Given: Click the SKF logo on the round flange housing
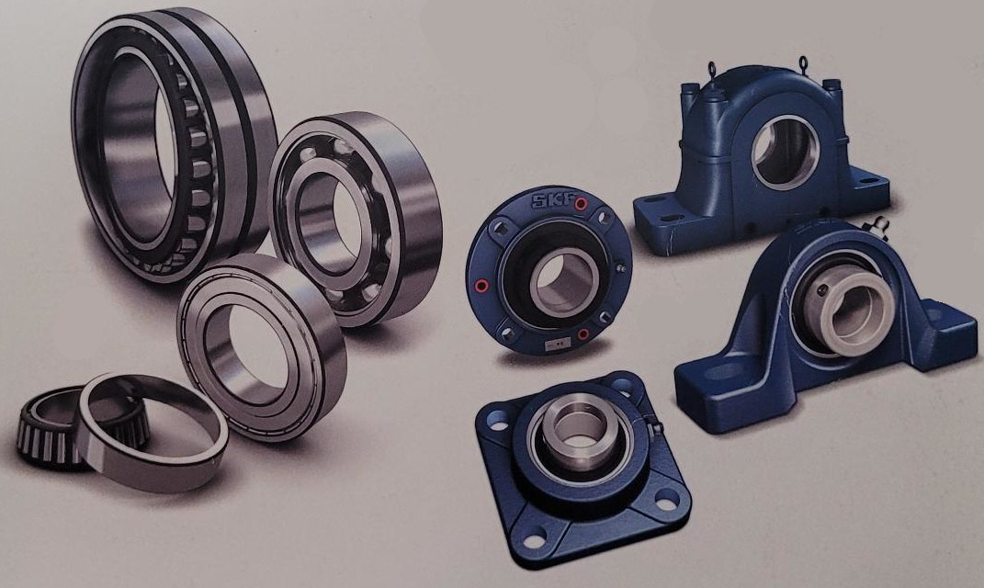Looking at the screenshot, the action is click(x=553, y=201).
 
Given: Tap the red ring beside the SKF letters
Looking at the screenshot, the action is click(x=581, y=203).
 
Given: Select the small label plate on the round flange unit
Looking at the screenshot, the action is click(x=555, y=343).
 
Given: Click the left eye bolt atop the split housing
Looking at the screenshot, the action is click(x=712, y=69).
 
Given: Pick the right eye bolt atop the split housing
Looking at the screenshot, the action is click(x=803, y=63).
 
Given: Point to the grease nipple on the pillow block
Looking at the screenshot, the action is click(x=877, y=226).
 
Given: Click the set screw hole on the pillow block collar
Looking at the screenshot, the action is click(x=824, y=290).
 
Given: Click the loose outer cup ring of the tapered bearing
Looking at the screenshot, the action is click(x=153, y=432).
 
